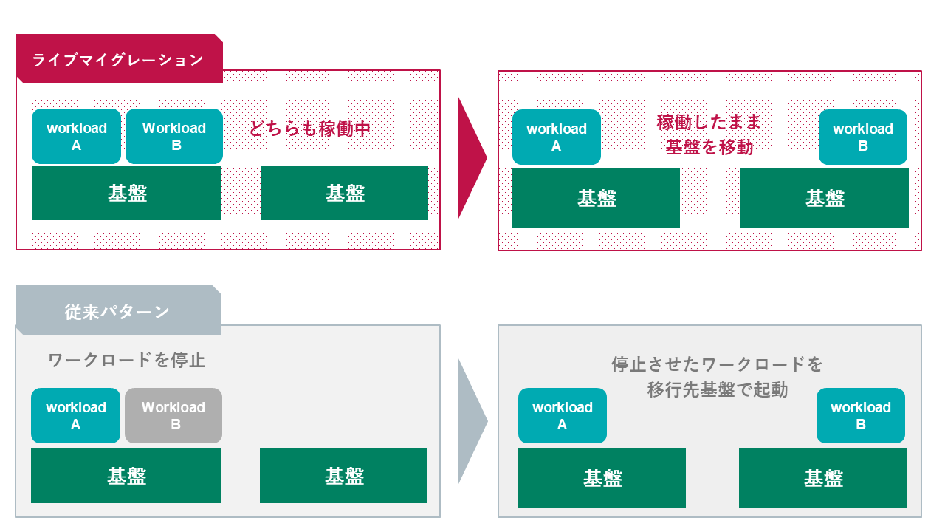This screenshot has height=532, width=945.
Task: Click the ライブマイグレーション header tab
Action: tap(118, 59)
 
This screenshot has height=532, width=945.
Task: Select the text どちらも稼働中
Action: tap(309, 129)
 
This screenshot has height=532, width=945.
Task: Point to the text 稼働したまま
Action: tap(709, 122)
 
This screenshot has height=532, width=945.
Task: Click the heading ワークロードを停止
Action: tap(126, 361)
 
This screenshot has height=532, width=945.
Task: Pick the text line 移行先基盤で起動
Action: tap(717, 389)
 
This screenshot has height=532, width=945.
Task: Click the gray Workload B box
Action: tap(173, 415)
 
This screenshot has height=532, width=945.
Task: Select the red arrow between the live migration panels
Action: tap(471, 157)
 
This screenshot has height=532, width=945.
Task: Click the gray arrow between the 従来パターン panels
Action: tap(471, 421)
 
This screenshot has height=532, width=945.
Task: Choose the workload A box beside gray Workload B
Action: tap(75, 415)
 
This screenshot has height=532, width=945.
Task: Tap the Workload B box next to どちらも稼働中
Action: tap(174, 136)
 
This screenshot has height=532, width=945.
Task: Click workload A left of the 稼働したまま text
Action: tap(556, 137)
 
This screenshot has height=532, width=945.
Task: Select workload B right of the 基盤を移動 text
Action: tap(862, 137)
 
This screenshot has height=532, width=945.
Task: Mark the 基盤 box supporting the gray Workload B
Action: tap(126, 476)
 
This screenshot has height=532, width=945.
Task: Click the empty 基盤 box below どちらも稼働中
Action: tap(344, 193)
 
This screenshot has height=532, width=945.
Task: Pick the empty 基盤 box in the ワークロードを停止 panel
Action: tap(343, 476)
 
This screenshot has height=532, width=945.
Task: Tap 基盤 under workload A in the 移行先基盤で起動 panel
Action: tap(602, 479)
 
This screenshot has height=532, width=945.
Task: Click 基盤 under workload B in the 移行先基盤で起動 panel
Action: tap(822, 479)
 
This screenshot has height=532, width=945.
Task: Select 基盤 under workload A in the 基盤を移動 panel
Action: tap(596, 198)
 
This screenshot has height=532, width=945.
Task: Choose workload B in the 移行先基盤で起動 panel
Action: tap(860, 415)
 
